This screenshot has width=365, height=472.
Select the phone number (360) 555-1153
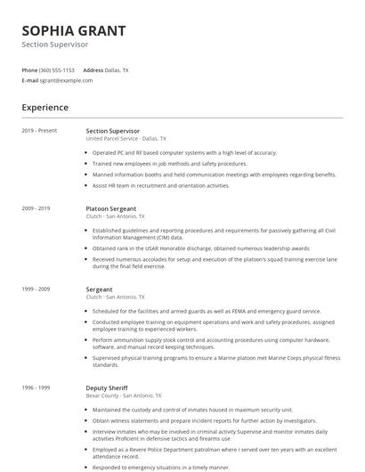tap(57, 69)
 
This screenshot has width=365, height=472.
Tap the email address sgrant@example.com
tap(66, 80)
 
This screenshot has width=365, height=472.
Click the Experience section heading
tap(45, 108)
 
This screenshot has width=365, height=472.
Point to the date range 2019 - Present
tap(39, 131)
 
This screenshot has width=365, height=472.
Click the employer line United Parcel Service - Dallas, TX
tap(126, 139)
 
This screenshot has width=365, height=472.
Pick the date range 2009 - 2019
tap(36, 208)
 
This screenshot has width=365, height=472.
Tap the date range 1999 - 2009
tap(36, 289)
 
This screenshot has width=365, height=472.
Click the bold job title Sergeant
tap(99, 289)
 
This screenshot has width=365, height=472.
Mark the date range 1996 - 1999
tap(36, 388)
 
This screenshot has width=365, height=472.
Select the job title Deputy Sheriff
tap(107, 388)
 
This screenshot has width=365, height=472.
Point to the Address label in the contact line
tap(93, 69)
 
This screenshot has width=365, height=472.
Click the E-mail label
tap(29, 80)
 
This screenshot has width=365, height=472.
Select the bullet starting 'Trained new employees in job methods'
tap(169, 164)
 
